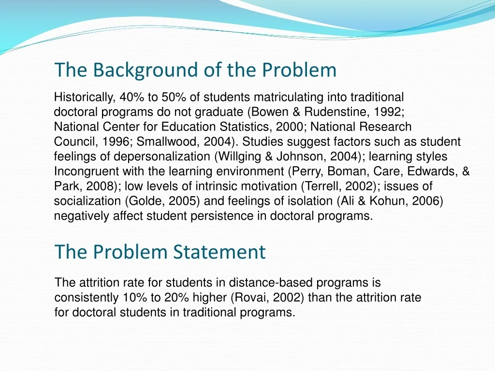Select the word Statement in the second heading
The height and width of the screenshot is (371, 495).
[219, 252]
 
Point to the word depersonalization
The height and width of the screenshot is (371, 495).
[161, 157]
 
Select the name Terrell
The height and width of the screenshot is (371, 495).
[321, 186]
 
